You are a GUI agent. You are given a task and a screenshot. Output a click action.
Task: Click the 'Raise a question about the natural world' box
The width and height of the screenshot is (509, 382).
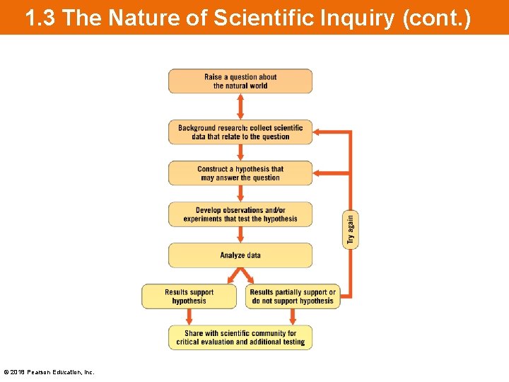(x=240, y=81)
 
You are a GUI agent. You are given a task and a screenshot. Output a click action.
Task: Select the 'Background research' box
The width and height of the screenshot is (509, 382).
(x=240, y=132)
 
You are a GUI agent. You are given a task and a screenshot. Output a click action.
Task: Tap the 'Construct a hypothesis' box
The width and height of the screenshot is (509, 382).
(x=240, y=173)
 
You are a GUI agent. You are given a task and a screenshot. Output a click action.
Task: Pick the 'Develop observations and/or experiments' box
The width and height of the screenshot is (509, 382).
(x=240, y=214)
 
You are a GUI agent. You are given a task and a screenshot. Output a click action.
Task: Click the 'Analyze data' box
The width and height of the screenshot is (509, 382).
(x=240, y=255)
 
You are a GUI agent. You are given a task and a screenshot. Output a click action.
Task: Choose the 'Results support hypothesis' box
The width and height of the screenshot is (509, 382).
(x=189, y=296)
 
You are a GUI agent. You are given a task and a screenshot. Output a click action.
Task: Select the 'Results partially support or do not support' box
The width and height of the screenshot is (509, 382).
(x=293, y=296)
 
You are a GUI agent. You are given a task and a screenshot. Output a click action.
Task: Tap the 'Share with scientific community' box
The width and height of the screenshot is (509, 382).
(x=240, y=337)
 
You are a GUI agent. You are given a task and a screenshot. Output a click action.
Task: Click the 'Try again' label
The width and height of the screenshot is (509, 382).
(x=351, y=230)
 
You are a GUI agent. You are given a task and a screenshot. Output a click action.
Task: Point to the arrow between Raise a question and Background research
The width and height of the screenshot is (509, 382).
(x=240, y=106)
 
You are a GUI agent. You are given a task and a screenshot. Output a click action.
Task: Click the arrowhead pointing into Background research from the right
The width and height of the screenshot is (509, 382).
(x=318, y=132)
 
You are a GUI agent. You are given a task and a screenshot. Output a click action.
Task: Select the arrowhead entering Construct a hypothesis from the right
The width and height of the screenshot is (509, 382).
(x=318, y=173)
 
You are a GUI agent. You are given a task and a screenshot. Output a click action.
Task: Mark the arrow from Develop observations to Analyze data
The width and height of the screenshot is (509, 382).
(x=240, y=235)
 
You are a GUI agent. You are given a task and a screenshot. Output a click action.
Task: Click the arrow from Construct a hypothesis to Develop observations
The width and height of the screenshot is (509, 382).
(x=240, y=194)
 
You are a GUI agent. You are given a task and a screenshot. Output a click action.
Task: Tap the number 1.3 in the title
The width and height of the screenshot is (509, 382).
(x=40, y=18)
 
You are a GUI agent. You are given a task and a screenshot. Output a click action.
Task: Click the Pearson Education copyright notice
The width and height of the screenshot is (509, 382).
(x=49, y=372)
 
